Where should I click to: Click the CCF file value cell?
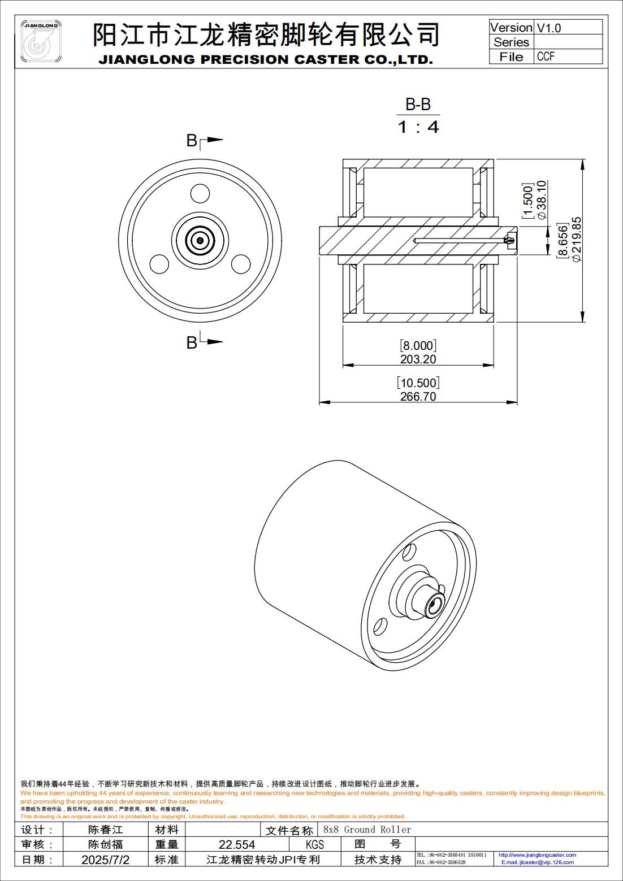coord(546,57)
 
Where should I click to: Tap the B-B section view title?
coord(418,105)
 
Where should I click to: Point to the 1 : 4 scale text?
coord(418,127)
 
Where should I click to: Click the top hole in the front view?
coord(200,194)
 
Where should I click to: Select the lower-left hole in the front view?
coord(159,264)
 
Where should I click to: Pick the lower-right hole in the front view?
coord(241,264)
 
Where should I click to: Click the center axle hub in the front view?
coord(200,241)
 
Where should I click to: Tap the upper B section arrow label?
coord(192,141)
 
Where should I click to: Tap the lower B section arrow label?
coord(192,342)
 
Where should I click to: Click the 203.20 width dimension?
coord(418,359)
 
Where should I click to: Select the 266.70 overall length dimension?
coord(418,396)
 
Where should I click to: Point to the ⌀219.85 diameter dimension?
coord(577,239)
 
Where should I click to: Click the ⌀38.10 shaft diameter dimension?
coord(541,199)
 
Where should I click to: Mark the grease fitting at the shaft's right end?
coord(509,240)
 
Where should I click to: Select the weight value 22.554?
coord(236,844)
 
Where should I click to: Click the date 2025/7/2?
coord(105,860)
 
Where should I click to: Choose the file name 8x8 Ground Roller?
coord(367,830)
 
